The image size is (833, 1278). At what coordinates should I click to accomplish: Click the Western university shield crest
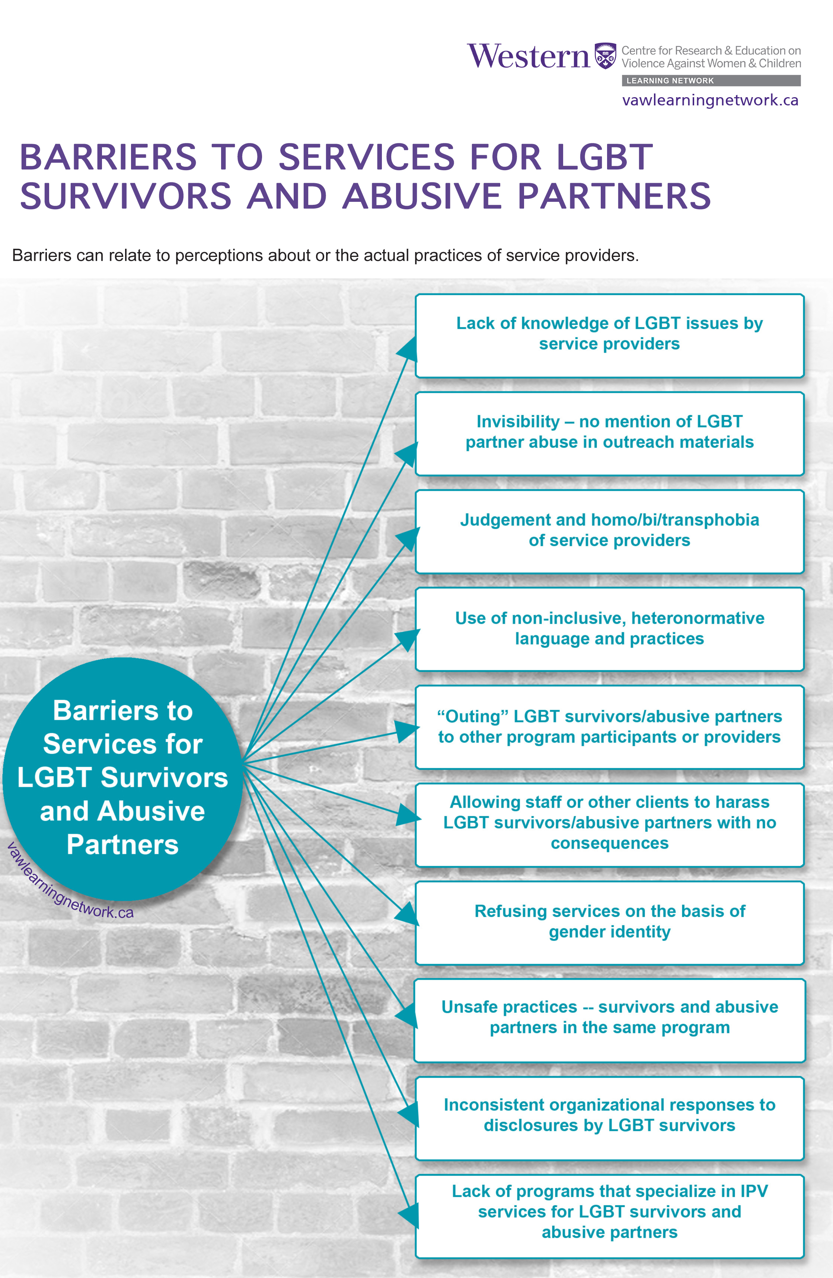point(605,55)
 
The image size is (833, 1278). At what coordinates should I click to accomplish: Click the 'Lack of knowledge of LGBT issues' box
point(609,336)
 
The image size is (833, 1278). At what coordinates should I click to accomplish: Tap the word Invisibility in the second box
point(518,422)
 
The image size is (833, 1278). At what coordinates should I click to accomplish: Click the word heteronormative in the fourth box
point(698,618)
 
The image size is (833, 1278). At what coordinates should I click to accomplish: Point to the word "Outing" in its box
point(472,716)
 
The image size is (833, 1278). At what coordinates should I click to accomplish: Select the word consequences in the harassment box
point(609,843)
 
